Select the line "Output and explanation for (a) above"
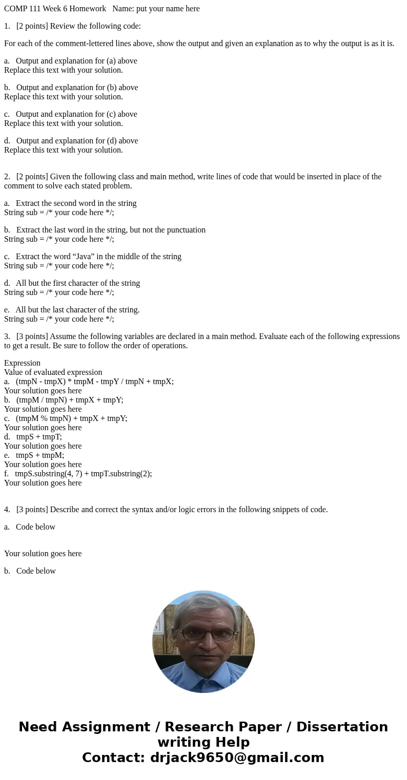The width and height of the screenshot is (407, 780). pos(76,61)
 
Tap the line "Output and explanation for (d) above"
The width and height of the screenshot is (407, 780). pos(77,141)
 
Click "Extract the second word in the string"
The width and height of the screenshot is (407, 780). pos(76,203)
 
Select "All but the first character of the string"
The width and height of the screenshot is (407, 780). pos(77,283)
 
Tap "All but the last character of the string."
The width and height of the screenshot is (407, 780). pos(77,310)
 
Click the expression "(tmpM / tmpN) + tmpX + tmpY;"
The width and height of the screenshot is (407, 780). pos(70,400)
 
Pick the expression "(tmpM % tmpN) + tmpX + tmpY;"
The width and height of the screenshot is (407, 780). pos(71,418)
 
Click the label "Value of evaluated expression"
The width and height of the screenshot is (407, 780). pos(53,372)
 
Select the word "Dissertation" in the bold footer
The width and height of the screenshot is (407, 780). pos(342,727)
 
